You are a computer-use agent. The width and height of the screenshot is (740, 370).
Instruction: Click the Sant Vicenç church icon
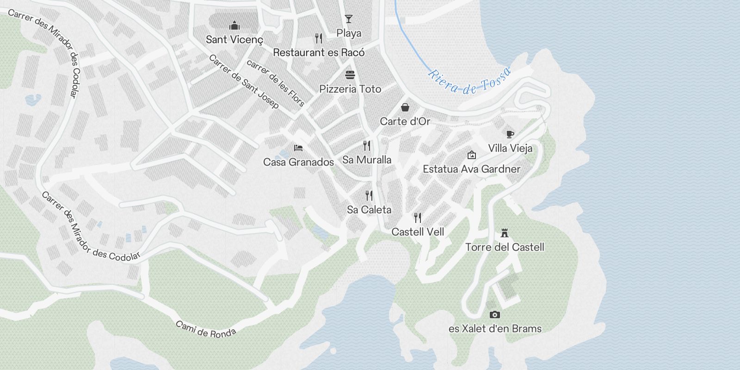(234, 25)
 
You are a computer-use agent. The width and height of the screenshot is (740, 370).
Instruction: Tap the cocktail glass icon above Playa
(349, 19)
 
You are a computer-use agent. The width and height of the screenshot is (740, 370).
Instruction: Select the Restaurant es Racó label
(319, 53)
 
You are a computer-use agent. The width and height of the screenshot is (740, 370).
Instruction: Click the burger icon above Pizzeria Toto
(350, 74)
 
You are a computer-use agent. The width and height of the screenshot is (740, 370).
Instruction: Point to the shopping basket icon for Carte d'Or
(405, 107)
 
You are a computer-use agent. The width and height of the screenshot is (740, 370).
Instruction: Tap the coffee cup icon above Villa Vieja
(510, 134)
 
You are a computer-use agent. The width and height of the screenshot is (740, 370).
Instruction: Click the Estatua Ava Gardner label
(471, 169)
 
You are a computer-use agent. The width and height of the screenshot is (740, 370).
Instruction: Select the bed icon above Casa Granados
(298, 148)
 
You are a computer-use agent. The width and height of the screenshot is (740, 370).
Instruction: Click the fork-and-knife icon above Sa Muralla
(367, 146)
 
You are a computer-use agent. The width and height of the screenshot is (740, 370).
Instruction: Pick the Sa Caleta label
(369, 210)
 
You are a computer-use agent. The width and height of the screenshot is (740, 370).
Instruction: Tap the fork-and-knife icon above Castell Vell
(418, 217)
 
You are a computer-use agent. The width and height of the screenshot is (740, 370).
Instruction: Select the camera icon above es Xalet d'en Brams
(494, 314)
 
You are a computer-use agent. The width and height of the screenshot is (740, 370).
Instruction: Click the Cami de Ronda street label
(206, 329)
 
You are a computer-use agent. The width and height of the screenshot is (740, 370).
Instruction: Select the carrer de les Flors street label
(276, 83)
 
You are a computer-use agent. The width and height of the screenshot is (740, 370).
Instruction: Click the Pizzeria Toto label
(350, 89)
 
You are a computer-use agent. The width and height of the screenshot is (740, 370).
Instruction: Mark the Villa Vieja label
(510, 148)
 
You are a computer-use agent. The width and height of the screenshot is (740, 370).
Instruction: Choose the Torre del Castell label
(505, 247)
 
